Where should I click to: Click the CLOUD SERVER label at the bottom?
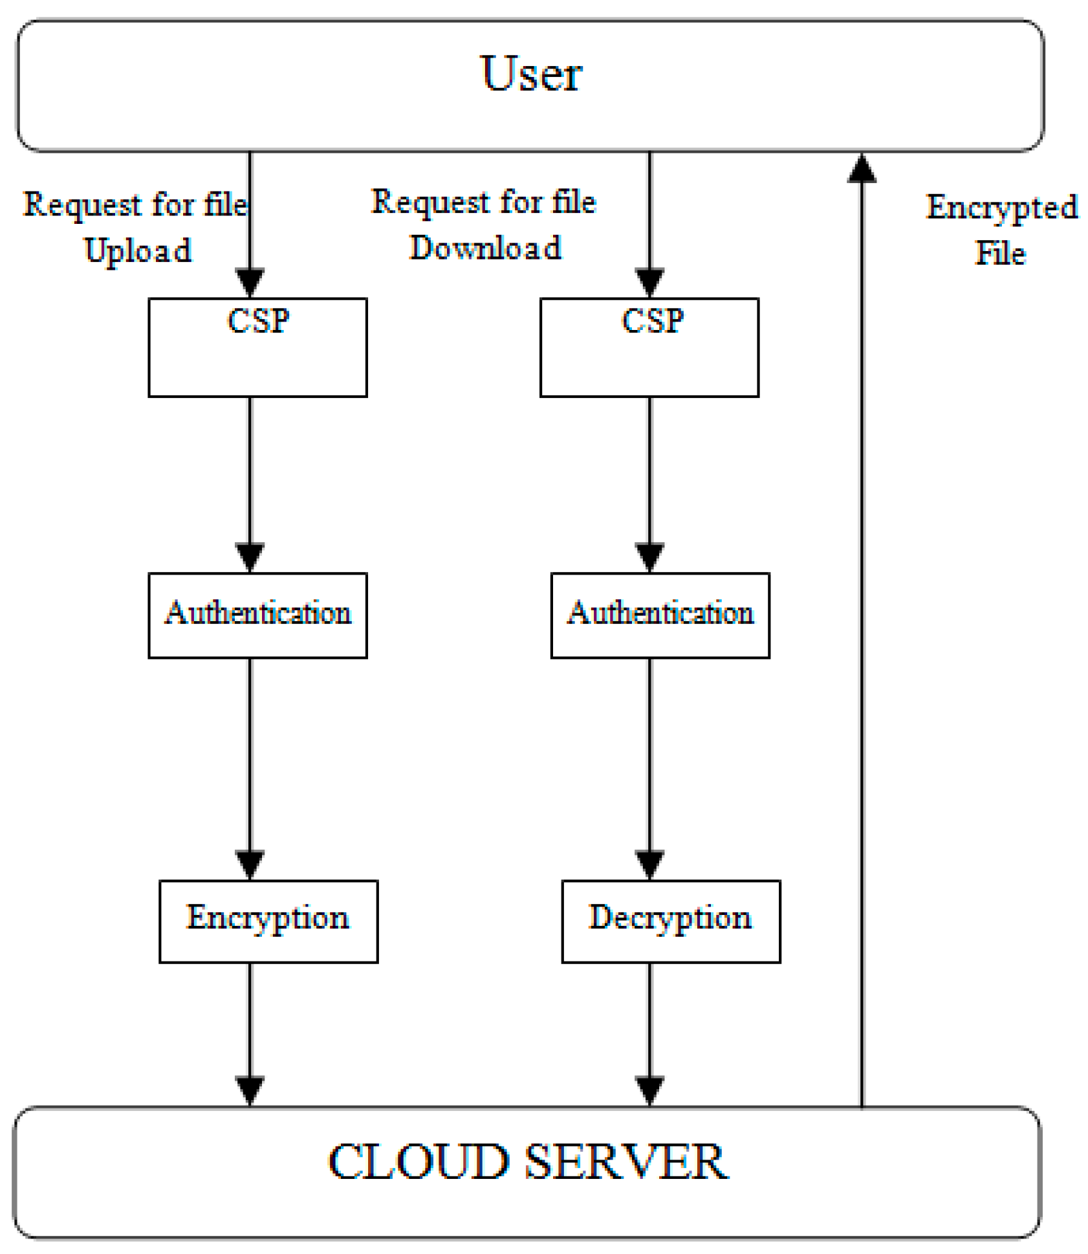pos(527,1161)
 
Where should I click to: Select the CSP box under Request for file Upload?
pos(257,347)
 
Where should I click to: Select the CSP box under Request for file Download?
pos(649,347)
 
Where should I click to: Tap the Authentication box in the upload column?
pos(257,615)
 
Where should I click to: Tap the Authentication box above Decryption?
pos(660,615)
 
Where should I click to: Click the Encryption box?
pos(268,921)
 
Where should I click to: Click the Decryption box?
pos(671,921)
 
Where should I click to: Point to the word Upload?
pos(138,250)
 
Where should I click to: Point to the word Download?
pos(485,248)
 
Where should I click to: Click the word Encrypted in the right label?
pos(1001,208)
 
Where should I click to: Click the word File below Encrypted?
pos(1000,253)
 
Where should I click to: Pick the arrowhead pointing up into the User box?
pos(862,168)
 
